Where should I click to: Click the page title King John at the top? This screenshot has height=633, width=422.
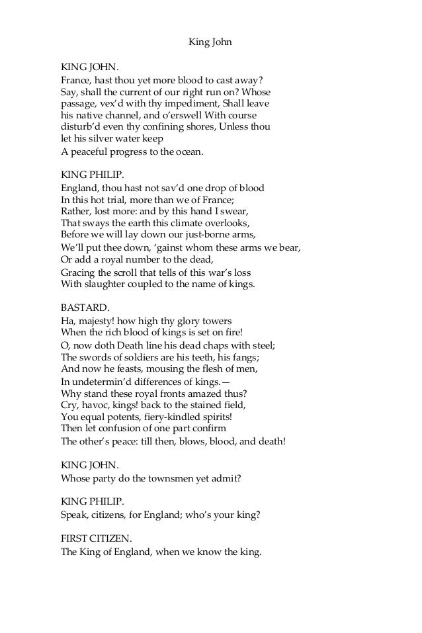(210, 44)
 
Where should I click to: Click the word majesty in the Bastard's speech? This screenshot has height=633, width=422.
(95, 321)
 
